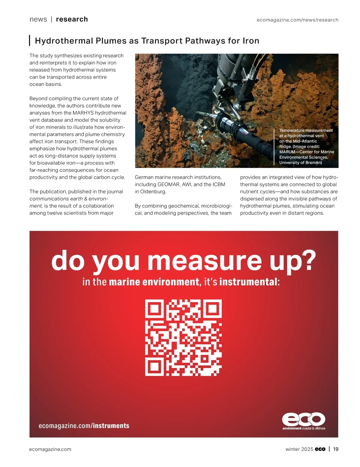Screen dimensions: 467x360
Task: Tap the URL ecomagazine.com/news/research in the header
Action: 297,20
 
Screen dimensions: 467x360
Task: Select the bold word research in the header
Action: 72,19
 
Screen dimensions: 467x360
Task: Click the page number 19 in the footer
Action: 336,449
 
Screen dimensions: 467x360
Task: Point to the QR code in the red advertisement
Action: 184,338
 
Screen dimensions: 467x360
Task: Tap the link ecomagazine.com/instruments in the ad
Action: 84,426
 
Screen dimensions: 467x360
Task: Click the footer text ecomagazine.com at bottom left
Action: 50,449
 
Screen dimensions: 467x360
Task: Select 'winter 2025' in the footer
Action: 299,449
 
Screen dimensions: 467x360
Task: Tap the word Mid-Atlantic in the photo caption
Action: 305,141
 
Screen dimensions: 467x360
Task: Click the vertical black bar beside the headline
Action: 30,40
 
